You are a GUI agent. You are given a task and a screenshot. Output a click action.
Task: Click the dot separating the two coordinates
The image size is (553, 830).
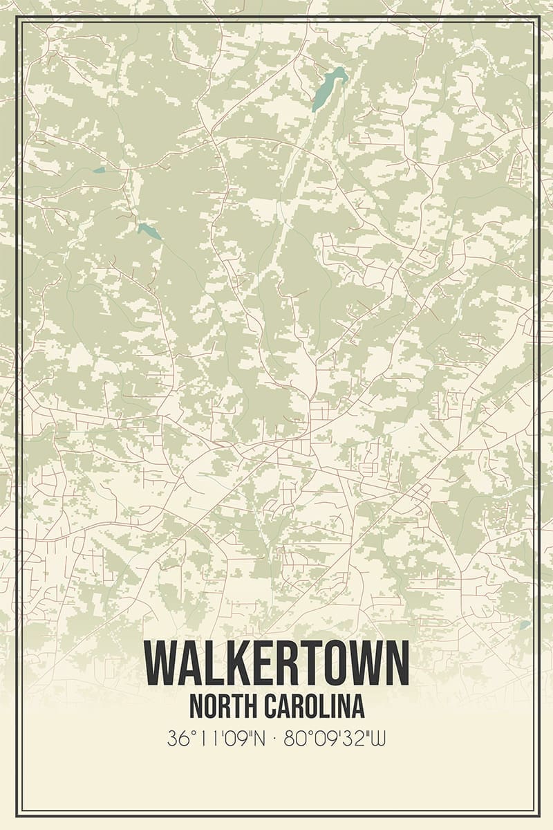276,738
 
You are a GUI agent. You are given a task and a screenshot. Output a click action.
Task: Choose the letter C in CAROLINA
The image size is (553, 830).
271,706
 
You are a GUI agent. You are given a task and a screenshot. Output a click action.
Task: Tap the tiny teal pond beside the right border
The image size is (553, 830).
525,625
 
